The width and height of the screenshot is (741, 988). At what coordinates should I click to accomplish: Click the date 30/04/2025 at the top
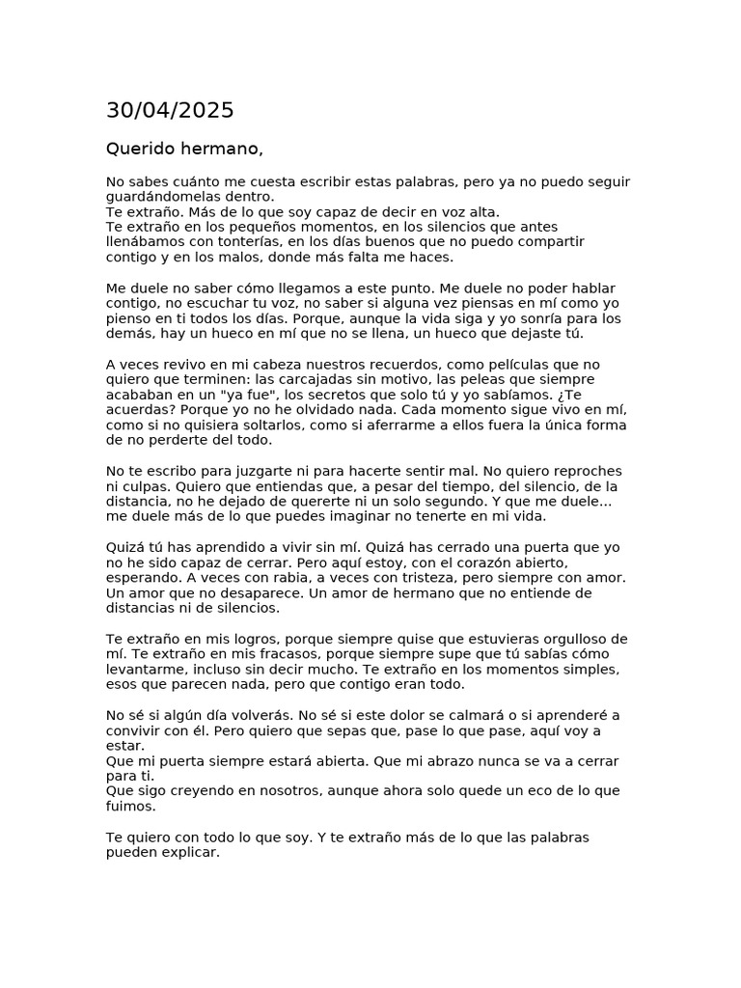tap(170, 111)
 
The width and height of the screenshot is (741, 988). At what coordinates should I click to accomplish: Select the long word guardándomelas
tap(165, 197)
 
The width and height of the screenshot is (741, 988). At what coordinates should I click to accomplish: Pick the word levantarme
tap(146, 670)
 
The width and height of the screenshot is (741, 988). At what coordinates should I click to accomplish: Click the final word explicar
tap(188, 853)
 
